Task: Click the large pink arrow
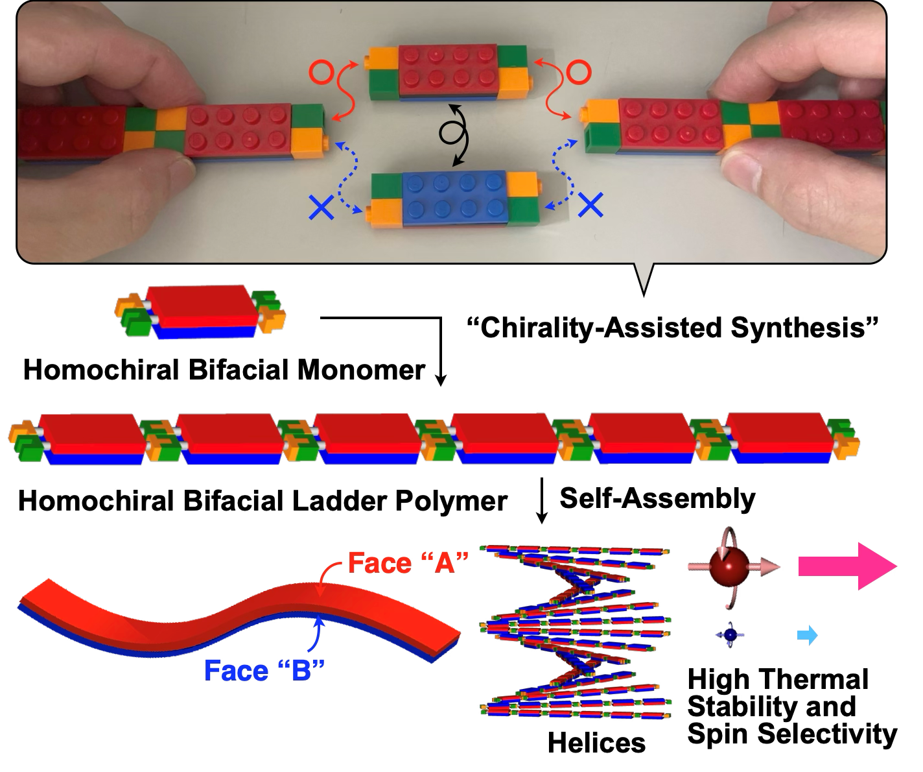[x=847, y=566]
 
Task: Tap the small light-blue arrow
[x=807, y=635]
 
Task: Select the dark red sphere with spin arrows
[x=730, y=567]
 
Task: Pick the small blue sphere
[x=730, y=635]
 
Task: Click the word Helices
[x=596, y=742]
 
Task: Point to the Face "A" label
[x=408, y=562]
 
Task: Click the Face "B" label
[x=264, y=670]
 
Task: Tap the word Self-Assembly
[x=657, y=499]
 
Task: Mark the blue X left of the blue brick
[x=321, y=208]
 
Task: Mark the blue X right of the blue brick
[x=590, y=205]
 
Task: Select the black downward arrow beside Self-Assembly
[x=541, y=500]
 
